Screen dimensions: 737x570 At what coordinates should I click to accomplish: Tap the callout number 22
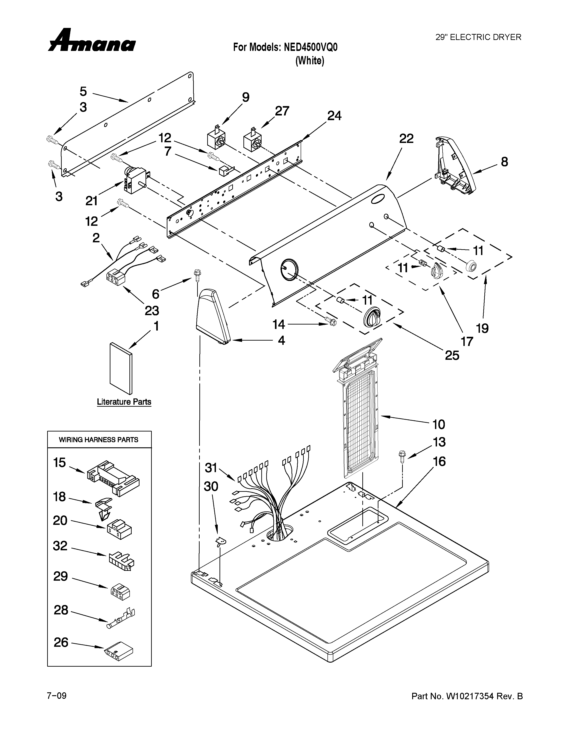(406, 138)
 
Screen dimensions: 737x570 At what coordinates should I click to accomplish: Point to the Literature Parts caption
(124, 402)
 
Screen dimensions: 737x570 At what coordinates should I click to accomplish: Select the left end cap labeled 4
(213, 316)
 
